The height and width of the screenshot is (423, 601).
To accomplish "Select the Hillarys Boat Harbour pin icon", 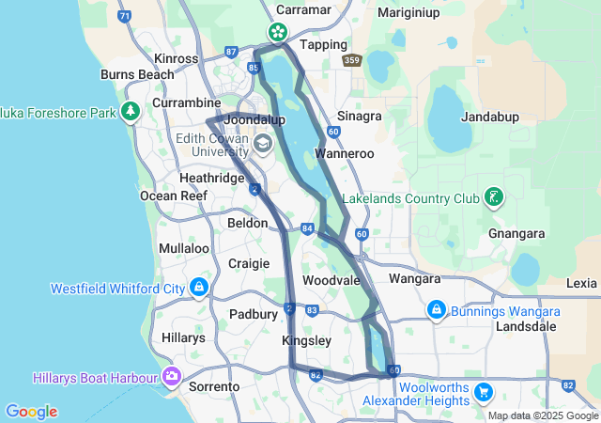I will point(171,377).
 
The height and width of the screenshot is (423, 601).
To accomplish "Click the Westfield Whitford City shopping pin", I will point(199,287).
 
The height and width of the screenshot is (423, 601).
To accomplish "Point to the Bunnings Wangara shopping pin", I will point(436,308).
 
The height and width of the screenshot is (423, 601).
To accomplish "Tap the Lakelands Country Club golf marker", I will point(492,197).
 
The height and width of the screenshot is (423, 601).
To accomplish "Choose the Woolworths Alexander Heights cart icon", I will point(484,391).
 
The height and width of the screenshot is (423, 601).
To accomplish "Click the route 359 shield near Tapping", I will point(352,60).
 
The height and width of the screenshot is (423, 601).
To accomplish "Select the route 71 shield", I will point(125,16).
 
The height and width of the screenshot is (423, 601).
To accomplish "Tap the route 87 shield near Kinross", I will point(231,53).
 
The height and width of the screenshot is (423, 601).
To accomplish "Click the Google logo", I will point(31,412).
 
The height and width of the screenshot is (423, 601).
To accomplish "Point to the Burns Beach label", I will point(136,74).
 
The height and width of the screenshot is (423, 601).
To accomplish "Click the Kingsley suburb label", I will point(306,341).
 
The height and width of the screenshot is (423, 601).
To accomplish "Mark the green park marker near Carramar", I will point(278,31).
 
